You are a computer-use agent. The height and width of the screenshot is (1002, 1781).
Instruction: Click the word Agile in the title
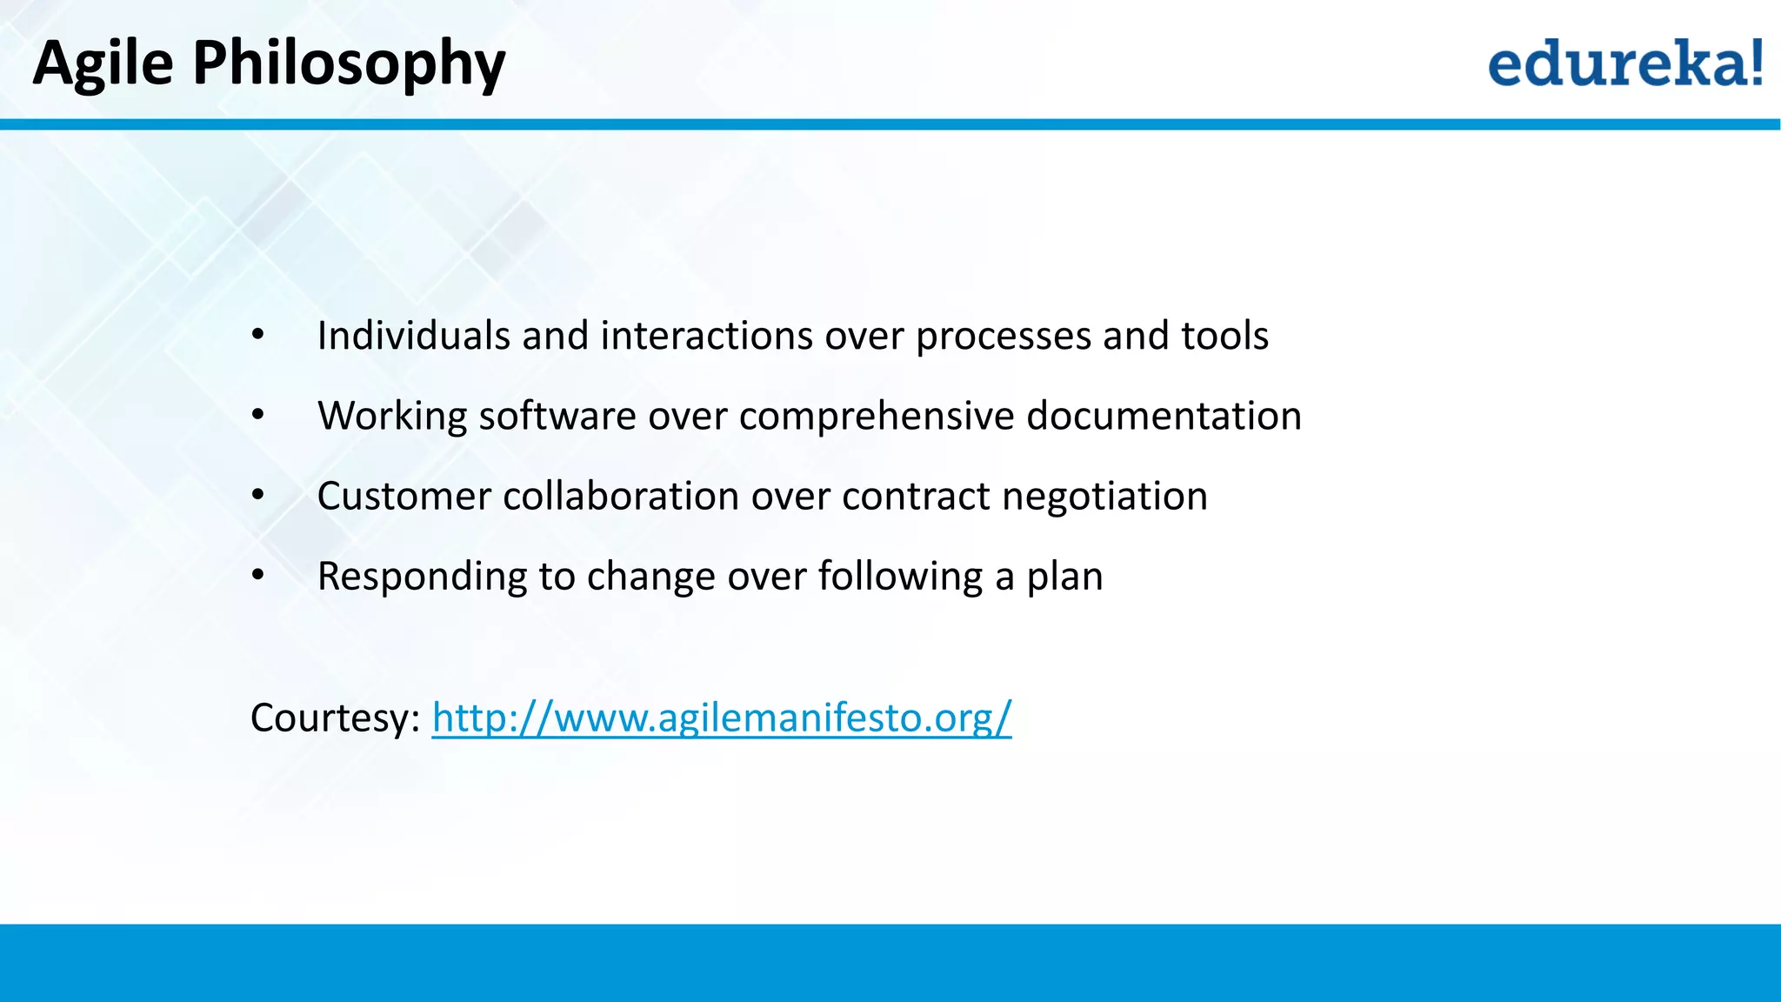(x=103, y=63)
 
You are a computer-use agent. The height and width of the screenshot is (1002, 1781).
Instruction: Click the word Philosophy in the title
(x=348, y=64)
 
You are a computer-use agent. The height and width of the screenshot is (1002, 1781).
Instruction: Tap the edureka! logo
(x=1624, y=63)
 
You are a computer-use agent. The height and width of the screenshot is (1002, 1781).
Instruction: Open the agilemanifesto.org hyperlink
(x=721, y=718)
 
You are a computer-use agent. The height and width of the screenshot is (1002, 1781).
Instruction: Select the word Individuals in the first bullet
(x=413, y=336)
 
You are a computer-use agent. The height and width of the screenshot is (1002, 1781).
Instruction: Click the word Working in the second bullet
(x=392, y=416)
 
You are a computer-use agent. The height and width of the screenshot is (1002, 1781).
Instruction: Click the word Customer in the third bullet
(x=404, y=497)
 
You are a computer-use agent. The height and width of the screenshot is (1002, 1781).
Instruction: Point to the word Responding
(x=422, y=577)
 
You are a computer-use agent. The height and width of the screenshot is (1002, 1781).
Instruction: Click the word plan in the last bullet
(x=1064, y=577)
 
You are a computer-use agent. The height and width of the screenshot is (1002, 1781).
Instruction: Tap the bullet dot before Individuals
(x=257, y=336)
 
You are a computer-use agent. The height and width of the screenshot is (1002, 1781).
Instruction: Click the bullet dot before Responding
(x=257, y=575)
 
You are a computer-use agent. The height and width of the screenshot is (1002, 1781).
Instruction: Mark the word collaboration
(x=621, y=497)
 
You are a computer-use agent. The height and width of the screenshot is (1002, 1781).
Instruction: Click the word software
(x=557, y=416)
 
